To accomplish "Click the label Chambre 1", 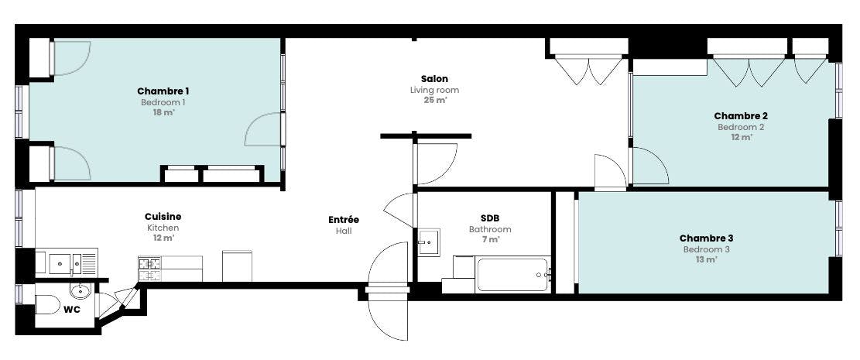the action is pos(163,91).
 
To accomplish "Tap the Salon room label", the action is pos(434,79).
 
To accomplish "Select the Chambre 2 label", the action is pos(741,116).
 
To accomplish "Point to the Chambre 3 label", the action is pos(707,238).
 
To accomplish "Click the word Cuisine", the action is pos(163,218).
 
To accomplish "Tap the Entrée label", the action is pos(344,220).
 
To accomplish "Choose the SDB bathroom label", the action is pos(490,218).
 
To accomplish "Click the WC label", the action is pos(72,310).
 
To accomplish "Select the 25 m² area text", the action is pos(434,101).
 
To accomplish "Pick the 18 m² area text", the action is pos(163,112).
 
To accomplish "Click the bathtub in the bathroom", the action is pos(512,274).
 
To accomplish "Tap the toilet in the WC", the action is pos(48,304).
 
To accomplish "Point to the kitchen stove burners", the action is pos(149,269).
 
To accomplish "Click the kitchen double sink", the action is pos(67,263).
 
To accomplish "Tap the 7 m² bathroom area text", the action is pos(490,240).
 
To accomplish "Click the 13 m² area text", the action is pos(707,260).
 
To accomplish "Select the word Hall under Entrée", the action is pos(344,231).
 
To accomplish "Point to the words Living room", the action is pos(434,90).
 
